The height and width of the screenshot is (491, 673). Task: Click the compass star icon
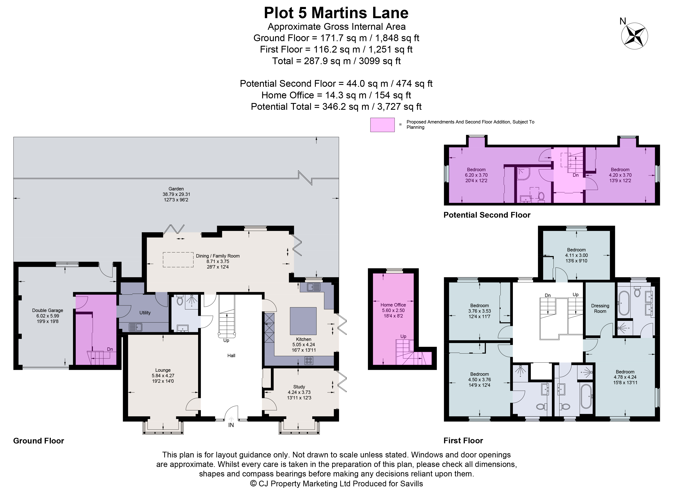634,36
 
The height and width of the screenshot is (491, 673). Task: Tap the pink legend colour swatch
382,125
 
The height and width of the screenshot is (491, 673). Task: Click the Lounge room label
163,370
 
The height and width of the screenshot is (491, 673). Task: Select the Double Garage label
47,310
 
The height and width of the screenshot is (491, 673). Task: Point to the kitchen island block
303,321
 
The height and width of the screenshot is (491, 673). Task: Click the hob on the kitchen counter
309,361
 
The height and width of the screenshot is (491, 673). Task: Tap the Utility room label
145,313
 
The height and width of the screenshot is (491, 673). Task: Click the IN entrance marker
231,425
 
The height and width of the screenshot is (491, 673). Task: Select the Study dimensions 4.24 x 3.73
299,392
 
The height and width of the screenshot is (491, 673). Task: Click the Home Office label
393,305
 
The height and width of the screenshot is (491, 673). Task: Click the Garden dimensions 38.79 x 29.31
176,194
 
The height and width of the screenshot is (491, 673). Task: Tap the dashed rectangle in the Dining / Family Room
178,260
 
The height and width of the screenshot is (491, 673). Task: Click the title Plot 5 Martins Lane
336,13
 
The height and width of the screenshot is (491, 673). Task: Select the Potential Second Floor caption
487,215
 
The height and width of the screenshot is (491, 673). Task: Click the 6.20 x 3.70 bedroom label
476,175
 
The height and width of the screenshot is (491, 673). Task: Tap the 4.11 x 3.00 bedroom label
576,255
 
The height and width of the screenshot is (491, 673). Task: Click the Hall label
231,355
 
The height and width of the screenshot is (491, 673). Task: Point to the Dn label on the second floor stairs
576,175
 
